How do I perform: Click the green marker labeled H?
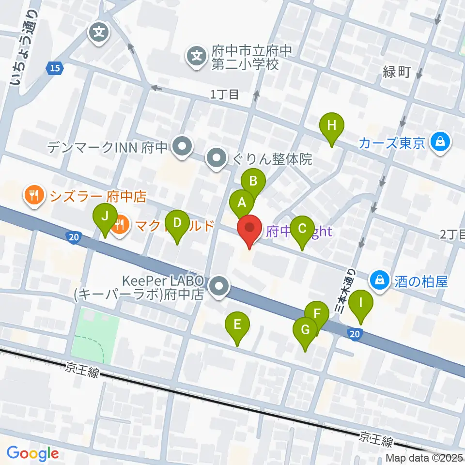point(332,126)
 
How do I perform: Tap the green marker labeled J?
point(105,217)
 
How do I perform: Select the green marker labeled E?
point(237,325)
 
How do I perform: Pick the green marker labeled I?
point(361,304)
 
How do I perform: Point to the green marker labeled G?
point(306,331)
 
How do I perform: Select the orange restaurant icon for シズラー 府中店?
point(33,196)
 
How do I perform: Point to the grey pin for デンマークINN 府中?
point(183,146)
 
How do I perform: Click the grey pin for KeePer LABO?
point(220,287)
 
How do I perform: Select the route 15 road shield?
point(55,69)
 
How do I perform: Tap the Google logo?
point(32,453)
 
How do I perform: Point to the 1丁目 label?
point(225,95)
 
